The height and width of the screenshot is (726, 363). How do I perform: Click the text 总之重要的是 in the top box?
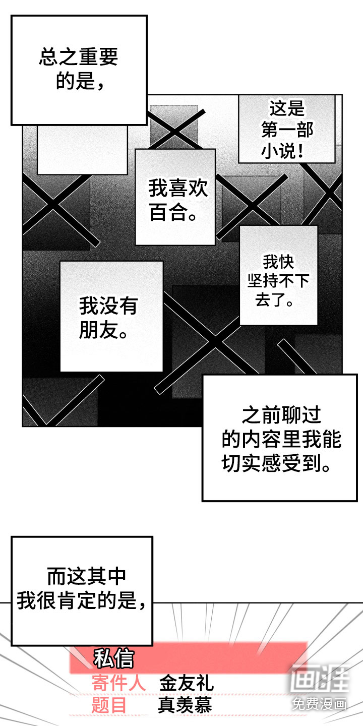(x=79, y=69)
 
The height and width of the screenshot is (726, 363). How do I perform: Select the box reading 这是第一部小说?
(x=287, y=130)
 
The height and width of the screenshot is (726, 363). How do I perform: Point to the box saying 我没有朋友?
(x=111, y=317)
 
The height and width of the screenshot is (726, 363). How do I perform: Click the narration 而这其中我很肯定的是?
(x=82, y=588)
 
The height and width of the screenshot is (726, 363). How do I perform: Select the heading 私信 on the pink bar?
(x=113, y=658)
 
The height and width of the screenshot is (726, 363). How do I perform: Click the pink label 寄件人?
(x=118, y=683)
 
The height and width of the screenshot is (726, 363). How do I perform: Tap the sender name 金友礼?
(x=187, y=683)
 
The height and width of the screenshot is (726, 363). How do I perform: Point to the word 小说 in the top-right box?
(x=277, y=152)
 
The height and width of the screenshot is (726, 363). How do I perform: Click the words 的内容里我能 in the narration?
(x=281, y=439)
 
